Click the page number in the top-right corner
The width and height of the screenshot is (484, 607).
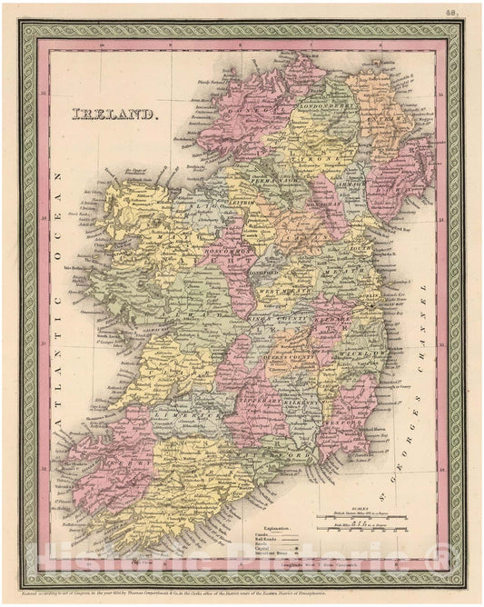pos(449,13)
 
